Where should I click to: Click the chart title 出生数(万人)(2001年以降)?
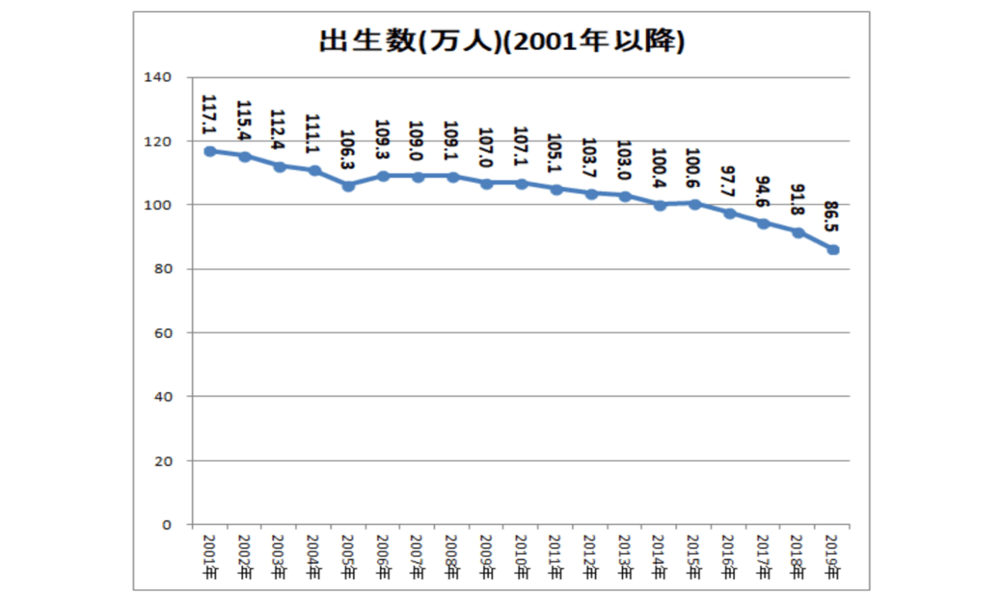pyautogui.click(x=501, y=42)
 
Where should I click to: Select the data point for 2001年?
pyautogui.click(x=209, y=151)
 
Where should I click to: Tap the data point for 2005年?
pyautogui.click(x=348, y=185)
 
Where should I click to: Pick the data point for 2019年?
pyautogui.click(x=833, y=249)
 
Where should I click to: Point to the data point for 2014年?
pyautogui.click(x=660, y=204)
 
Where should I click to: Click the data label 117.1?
pyautogui.click(x=208, y=115)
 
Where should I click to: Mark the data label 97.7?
pyautogui.click(x=728, y=180)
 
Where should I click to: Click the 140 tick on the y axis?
pyautogui.click(x=161, y=78)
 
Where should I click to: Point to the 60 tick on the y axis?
pyautogui.click(x=165, y=333)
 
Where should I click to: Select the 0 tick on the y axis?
pyautogui.click(x=168, y=524)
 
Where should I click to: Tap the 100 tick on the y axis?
pyautogui.click(x=161, y=205)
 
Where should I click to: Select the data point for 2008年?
pyautogui.click(x=452, y=177)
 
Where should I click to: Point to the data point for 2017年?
pyautogui.click(x=763, y=223)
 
